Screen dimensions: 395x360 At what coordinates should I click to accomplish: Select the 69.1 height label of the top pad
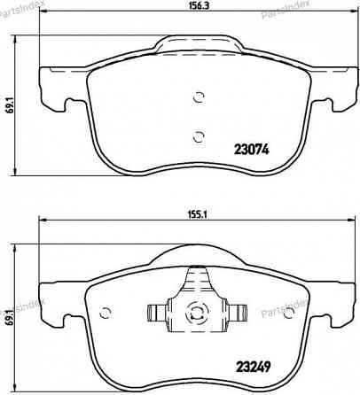point(10,107)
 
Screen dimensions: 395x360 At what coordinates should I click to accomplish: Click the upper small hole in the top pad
point(198,97)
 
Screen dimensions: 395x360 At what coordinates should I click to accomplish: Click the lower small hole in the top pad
point(198,135)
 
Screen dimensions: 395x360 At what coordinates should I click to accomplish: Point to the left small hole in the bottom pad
point(106,312)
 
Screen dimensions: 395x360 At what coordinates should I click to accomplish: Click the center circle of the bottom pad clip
point(195,312)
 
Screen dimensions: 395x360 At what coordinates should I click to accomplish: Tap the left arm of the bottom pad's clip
point(157,312)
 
